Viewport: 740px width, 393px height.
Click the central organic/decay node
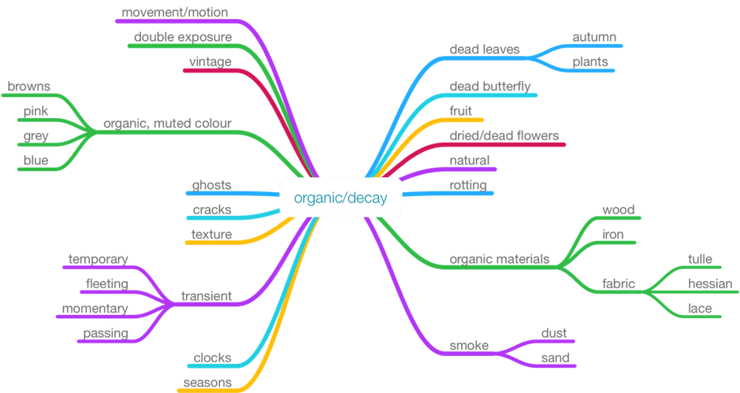coord(340,198)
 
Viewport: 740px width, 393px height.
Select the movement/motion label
coord(176,13)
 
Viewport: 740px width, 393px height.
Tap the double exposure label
coord(183,37)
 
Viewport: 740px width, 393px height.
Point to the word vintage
coord(210,61)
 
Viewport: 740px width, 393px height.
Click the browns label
coord(29,86)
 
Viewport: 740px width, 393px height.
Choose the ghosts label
coord(212,185)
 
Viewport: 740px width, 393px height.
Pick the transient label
coord(206,296)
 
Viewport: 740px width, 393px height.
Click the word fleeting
coord(107,284)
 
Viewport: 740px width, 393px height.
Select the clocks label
coord(213,358)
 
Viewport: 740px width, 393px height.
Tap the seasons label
coord(207,383)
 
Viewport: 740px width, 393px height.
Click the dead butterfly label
coord(489,86)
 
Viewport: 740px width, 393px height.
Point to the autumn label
coord(594,37)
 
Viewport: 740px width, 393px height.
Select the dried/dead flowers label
coord(504,135)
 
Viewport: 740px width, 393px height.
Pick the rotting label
coord(468,185)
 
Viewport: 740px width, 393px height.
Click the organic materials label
coord(499,259)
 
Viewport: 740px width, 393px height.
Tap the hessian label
coord(710,284)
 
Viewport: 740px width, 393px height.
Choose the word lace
coord(700,308)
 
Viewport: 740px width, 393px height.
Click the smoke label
coord(469,346)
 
